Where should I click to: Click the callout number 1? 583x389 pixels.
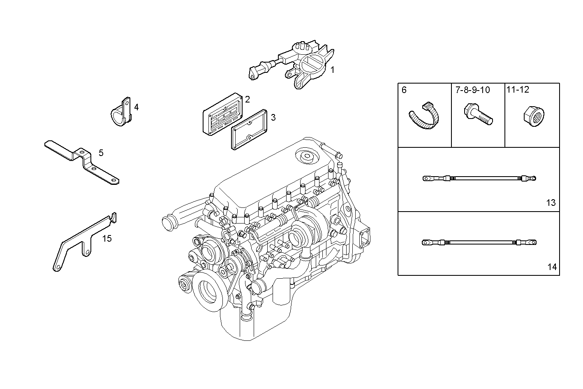[332, 70]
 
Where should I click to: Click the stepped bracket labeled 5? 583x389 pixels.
[82, 161]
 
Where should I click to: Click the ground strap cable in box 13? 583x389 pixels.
[479, 179]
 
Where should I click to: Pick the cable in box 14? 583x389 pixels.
[479, 242]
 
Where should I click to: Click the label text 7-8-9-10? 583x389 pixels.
[472, 90]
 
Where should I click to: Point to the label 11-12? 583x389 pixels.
[518, 89]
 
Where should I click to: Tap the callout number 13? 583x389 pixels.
[551, 203]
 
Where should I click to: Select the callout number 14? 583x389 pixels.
[552, 267]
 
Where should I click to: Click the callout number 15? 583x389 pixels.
[106, 238]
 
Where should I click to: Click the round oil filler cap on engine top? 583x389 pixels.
[306, 156]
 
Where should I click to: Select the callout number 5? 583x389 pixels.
[101, 153]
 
